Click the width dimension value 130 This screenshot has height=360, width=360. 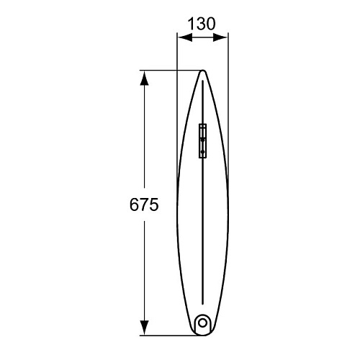[x=202, y=24]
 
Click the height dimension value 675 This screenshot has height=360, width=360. [x=144, y=204]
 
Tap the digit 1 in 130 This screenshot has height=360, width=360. [x=192, y=24]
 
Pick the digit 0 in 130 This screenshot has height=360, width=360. [x=210, y=24]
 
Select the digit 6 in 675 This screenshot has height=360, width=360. [x=135, y=204]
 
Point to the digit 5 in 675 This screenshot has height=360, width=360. [x=154, y=204]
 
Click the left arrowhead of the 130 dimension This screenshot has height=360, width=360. [x=185, y=37]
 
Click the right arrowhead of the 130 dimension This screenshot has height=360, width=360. [x=220, y=37]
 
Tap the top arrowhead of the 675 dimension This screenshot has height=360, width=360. [x=144, y=78]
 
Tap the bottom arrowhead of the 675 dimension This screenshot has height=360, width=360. [x=144, y=328]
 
